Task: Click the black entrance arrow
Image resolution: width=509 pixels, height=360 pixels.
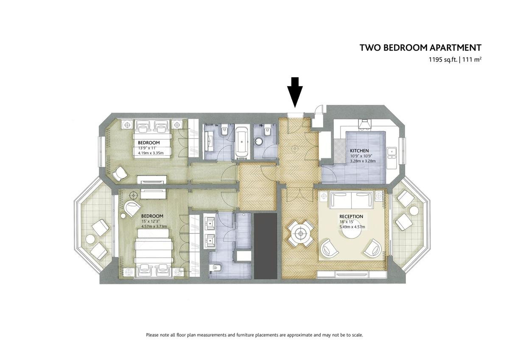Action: [x=295, y=92]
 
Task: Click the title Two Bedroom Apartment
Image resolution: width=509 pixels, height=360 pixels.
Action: [x=420, y=48]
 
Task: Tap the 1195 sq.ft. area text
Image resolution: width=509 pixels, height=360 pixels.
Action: [x=443, y=60]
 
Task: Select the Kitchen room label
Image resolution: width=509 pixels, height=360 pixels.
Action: [x=359, y=151]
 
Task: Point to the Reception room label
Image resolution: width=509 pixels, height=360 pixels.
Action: [x=351, y=217]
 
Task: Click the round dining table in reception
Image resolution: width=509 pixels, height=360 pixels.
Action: [x=301, y=233]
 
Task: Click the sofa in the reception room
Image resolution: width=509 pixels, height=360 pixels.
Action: [x=351, y=200]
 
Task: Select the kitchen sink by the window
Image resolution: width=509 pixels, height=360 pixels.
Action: [x=391, y=152]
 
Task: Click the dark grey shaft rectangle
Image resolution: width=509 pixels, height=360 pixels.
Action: [x=265, y=246]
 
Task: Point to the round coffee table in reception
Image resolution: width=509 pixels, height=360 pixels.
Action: [x=351, y=233]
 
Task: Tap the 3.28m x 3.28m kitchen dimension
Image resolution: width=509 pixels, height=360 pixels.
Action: [x=363, y=161]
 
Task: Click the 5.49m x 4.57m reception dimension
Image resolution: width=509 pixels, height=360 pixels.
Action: [x=352, y=227]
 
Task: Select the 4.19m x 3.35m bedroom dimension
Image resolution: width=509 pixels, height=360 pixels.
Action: [x=151, y=153]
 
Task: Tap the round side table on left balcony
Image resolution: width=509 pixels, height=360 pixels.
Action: [x=90, y=239]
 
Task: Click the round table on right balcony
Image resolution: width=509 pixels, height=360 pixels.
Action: [x=414, y=211]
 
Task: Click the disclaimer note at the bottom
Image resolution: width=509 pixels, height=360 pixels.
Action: [x=255, y=335]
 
